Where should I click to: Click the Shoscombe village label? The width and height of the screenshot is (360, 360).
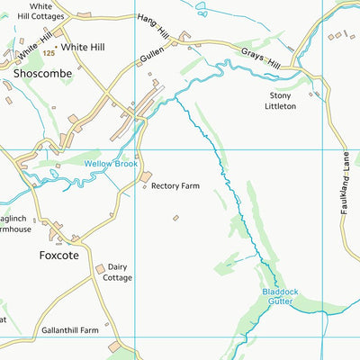[x=43, y=73]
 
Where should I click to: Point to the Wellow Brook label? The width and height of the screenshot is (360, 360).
[x=111, y=165]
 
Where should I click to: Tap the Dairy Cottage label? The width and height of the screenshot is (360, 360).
[x=119, y=273]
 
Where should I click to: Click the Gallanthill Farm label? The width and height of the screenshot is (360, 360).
[x=69, y=330]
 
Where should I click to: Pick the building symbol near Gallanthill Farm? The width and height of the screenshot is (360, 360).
[x=114, y=346]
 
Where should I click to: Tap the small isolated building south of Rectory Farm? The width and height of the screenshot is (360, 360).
[x=175, y=218]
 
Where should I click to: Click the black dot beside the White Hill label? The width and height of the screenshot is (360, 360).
[x=57, y=46]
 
